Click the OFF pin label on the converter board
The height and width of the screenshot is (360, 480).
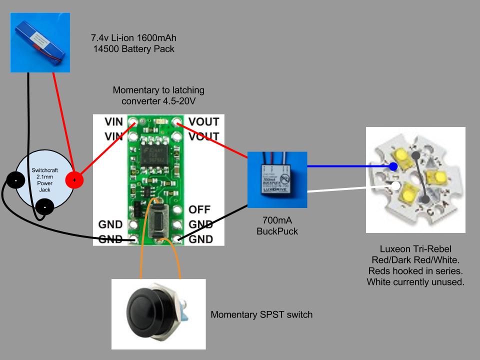pos(199,209)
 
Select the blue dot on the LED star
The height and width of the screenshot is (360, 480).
pos(393,166)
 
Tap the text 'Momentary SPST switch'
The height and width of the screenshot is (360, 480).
pos(261,315)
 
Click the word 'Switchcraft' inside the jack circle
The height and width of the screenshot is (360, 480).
pos(37,170)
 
